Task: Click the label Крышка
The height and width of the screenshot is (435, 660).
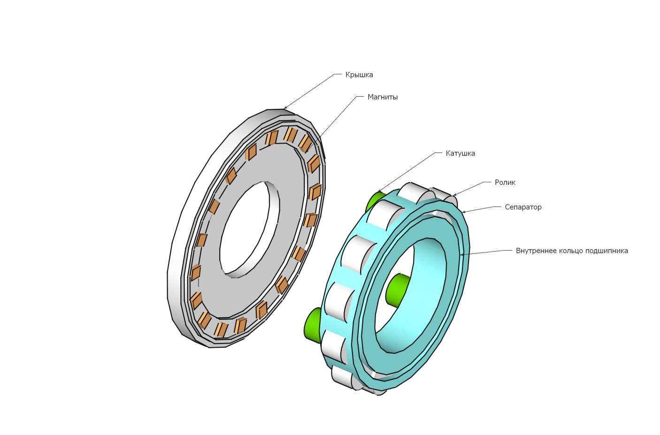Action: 359,75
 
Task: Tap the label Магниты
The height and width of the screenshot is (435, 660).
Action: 383,97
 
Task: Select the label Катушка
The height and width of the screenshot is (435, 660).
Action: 460,153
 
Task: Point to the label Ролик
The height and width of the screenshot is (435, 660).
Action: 505,183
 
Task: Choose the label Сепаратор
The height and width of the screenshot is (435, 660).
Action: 523,207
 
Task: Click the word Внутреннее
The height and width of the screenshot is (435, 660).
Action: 534,251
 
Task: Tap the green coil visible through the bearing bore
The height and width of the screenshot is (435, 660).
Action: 397,290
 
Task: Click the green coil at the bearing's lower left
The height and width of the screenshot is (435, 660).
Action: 313,326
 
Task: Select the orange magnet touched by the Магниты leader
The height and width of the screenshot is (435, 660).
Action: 305,144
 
